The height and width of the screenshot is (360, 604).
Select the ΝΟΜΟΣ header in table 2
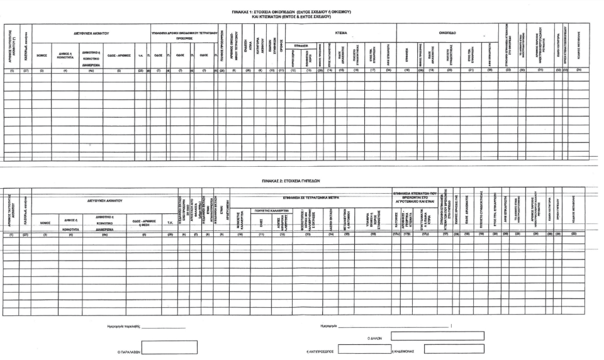click(45, 222)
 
